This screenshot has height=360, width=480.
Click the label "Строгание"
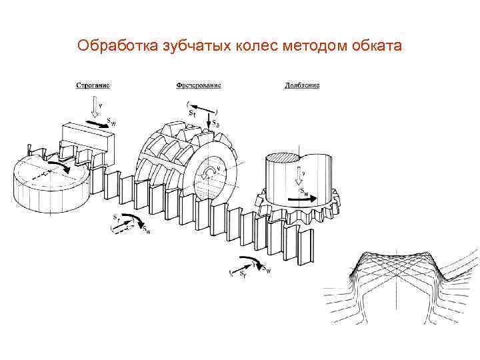[93, 85]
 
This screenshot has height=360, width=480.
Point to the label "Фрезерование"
[199, 85]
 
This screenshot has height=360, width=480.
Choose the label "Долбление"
[302, 85]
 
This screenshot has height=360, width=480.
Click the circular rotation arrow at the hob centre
[212, 173]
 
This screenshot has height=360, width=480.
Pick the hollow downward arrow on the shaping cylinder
[298, 175]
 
